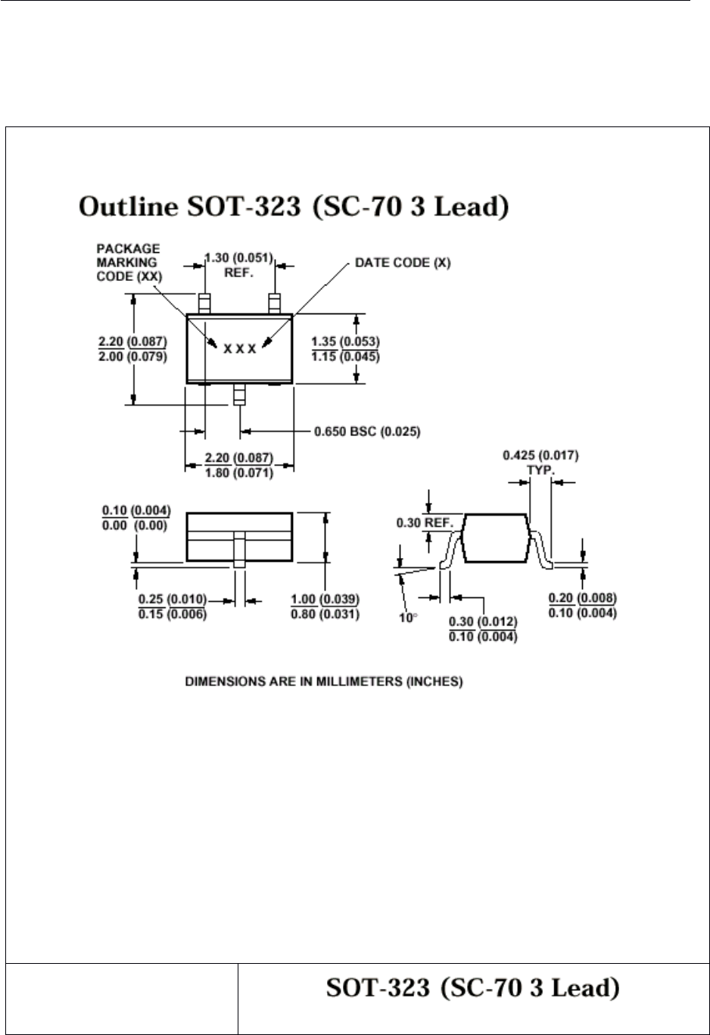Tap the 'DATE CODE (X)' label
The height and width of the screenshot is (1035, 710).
coord(403,263)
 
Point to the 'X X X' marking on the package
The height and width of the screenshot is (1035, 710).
coord(239,349)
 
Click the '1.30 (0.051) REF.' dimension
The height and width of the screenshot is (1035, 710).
coord(238,263)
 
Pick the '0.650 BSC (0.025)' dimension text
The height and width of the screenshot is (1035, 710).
coord(367,432)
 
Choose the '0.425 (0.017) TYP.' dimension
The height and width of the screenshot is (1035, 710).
coord(540,461)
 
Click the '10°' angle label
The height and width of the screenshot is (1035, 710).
coord(408,618)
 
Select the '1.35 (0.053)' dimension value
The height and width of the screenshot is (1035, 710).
coord(345,342)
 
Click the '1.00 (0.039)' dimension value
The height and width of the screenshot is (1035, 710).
coord(325,600)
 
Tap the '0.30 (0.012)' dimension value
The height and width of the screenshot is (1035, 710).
coord(483,622)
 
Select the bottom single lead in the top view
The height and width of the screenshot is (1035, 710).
coord(240,394)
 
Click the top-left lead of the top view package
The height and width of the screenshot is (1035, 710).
coord(204,304)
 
